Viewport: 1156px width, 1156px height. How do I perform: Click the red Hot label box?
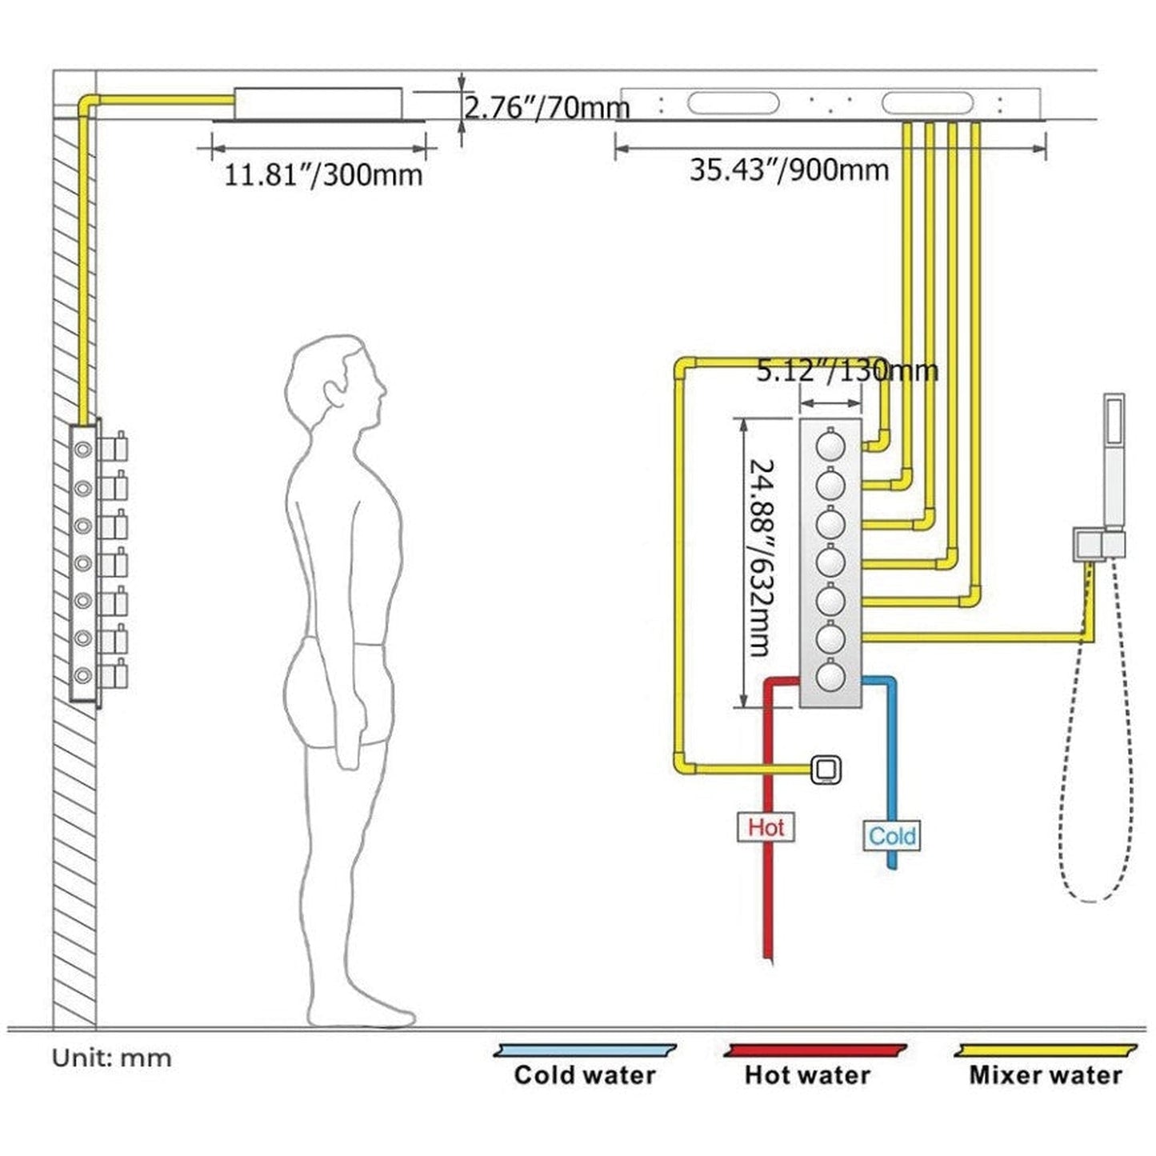pos(766,826)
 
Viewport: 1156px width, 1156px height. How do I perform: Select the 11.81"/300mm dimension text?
pos(322,174)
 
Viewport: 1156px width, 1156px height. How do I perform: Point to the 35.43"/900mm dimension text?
pos(789,170)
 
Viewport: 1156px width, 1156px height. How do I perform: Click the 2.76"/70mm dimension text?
pos(547,107)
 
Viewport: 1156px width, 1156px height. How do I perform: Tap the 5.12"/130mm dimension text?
pos(847,370)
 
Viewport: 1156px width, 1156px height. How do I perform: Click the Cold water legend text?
pos(585,1074)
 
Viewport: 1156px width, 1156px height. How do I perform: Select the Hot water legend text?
pos(807,1074)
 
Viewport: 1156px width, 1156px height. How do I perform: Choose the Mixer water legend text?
pos(1046,1074)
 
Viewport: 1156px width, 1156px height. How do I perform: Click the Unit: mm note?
pos(112,1058)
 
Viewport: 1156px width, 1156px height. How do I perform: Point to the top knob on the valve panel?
pos(830,444)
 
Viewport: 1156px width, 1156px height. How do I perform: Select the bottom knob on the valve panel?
pos(830,677)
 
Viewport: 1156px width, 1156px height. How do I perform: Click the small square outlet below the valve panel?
pos(826,770)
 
